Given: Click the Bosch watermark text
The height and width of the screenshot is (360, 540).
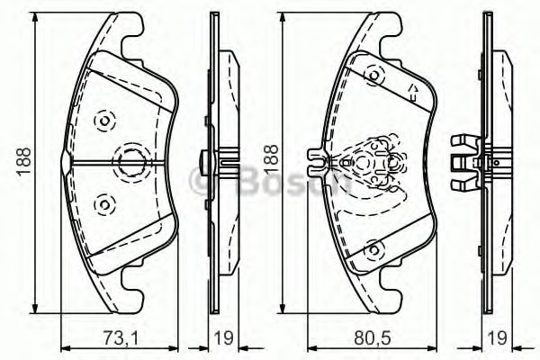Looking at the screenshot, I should pos(270,179).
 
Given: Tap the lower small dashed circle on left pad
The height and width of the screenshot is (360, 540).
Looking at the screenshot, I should pos(103,202).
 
